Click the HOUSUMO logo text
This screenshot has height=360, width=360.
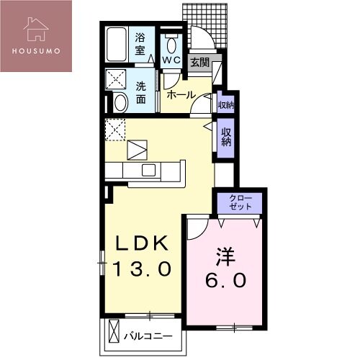[36, 51]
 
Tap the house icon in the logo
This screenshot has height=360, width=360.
[36, 29]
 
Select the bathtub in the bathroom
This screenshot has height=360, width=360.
[117, 45]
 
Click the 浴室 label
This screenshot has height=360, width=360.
[140, 44]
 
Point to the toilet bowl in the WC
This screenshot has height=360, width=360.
[171, 45]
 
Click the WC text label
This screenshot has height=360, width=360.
[171, 60]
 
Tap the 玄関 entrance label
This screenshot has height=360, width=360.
[200, 63]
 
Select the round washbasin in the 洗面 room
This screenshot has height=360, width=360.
[120, 102]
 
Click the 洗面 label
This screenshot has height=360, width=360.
[141, 93]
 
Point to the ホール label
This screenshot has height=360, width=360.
[181, 95]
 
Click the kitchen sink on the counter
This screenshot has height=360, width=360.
[148, 171]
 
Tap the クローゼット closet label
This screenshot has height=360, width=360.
[240, 202]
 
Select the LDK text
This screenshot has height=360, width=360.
[142, 243]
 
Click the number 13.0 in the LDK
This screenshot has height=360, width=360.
[142, 269]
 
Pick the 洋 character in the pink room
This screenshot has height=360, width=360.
[225, 257]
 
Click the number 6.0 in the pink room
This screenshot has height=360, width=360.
[225, 280]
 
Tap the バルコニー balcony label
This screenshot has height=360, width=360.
[148, 336]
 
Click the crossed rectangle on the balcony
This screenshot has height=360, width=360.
[114, 331]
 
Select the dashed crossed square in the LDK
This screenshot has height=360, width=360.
[115, 130]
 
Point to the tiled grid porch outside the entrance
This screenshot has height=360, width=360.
[204, 26]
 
